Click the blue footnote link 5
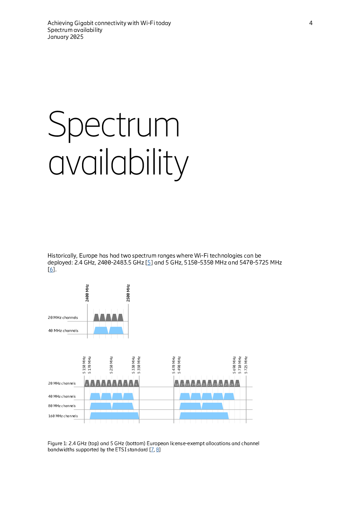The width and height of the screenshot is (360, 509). pos(149,263)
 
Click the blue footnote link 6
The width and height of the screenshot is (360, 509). pos(51,270)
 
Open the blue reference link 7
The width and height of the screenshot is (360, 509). pos(152,450)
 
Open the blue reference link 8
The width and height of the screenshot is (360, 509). pos(157,450)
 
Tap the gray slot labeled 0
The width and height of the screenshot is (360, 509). pos(87,384)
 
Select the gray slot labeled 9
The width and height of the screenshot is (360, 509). pos(136,384)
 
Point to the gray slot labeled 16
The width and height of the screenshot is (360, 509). pos(177,384)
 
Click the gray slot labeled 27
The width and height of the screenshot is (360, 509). pos(237,384)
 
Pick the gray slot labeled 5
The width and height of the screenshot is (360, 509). pos(114,384)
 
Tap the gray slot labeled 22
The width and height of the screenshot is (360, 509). pos(210,384)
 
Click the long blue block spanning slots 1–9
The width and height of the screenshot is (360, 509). pos(114,416)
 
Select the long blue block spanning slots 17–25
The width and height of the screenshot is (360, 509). pos(204,416)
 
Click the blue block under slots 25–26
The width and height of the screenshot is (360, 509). pos(229,396)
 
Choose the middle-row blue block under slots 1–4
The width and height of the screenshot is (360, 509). pos(101,406)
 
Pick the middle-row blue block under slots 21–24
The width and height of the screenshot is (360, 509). pos(212,406)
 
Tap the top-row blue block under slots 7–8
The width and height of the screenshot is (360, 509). pos(128,396)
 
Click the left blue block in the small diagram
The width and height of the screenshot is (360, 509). pos(101,330)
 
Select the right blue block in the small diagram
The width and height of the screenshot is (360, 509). pos(116,330)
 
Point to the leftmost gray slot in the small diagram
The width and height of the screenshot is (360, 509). pos(96,317)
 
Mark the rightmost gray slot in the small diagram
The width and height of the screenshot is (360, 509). pos(120,317)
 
